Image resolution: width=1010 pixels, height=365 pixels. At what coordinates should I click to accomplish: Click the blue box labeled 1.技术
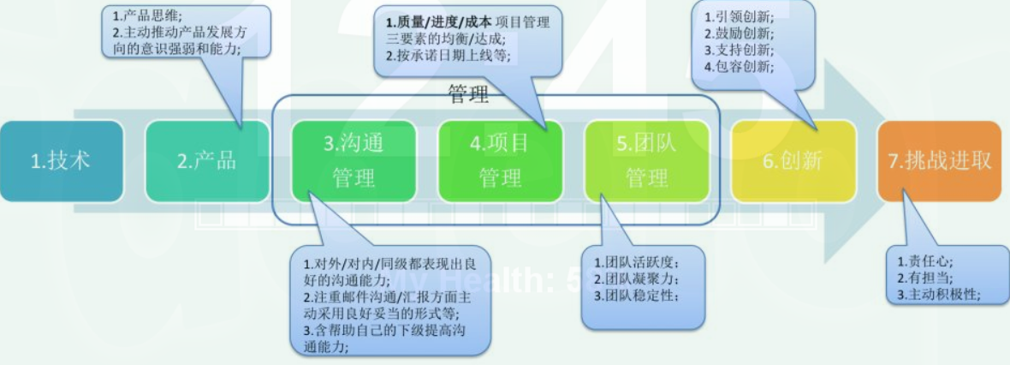[61, 161]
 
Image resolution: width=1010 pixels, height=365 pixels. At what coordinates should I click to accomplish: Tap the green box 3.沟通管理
[353, 161]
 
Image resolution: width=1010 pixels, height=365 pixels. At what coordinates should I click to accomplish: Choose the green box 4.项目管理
[500, 161]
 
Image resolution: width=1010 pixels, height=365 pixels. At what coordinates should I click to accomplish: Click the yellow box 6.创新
[793, 161]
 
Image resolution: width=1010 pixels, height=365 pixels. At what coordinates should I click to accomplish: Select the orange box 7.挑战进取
[940, 161]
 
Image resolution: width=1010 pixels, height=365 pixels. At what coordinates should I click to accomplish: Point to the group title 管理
[468, 94]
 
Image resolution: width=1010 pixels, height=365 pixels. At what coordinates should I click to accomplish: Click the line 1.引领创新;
[735, 17]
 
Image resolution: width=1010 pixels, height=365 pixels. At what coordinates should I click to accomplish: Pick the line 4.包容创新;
[735, 66]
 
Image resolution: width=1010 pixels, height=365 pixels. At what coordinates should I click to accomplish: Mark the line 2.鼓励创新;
[735, 33]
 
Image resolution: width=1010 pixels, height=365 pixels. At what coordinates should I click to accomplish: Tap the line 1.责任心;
[924, 260]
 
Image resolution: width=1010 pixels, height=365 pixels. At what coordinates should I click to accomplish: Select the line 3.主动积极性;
[938, 294]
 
